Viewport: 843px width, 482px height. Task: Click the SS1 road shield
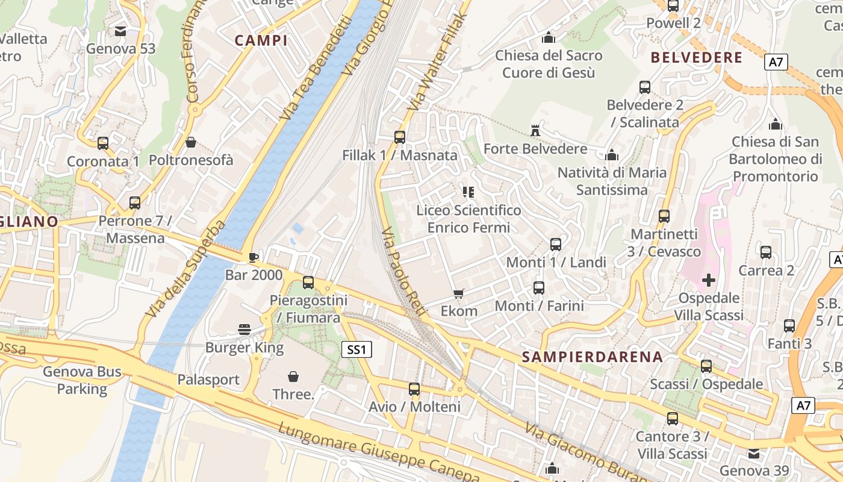point(356,349)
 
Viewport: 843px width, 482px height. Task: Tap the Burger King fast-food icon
point(244,329)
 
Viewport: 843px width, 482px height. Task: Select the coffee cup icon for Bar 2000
point(254,257)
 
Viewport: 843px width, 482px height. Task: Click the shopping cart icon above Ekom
point(459,293)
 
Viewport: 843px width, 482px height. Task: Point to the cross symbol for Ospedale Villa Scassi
point(709,280)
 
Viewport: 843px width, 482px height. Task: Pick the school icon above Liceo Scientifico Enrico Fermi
point(468,192)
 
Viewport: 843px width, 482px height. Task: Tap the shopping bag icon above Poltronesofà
point(191,142)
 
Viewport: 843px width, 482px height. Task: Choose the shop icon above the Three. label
point(293,377)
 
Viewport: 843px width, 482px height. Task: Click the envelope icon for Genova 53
point(120,31)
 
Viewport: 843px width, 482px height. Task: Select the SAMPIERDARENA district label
point(592,357)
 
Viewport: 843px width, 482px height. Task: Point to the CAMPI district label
point(261,40)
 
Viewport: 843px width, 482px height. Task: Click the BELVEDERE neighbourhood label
point(697,58)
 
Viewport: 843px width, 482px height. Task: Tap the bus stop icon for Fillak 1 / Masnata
point(400,137)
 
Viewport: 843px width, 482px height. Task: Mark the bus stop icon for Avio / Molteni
point(414,389)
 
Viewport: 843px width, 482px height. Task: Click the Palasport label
point(208,380)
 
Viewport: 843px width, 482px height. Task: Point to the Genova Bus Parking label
point(82,380)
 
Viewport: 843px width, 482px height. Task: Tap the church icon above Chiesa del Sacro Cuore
point(549,37)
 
